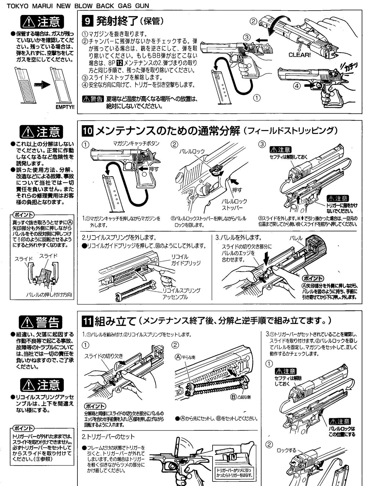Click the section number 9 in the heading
pyautogui.click(x=88, y=21)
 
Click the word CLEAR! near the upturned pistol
pyautogui.click(x=300, y=55)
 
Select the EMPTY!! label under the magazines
pyautogui.click(x=65, y=107)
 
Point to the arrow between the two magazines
pyautogui.click(x=42, y=84)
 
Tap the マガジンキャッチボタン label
pyautogui.click(x=136, y=143)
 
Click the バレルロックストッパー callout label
pyautogui.click(x=235, y=205)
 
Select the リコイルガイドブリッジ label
pyautogui.click(x=186, y=260)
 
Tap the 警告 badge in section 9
pyautogui.click(x=93, y=99)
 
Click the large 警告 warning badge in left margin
pyautogui.click(x=41, y=322)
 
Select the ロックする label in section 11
pyautogui.click(x=287, y=450)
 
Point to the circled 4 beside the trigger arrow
pyautogui.click(x=297, y=86)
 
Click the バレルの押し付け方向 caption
pyautogui.click(x=49, y=295)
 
